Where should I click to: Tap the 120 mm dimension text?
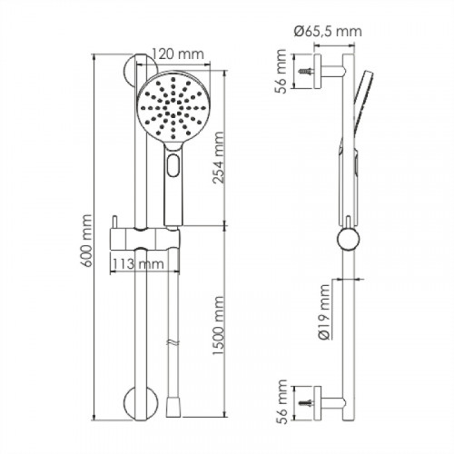click(177, 54)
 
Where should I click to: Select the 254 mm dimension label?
click(218, 158)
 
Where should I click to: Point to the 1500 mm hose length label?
click(218, 325)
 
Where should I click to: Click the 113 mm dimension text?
click(138, 264)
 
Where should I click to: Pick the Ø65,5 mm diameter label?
click(328, 32)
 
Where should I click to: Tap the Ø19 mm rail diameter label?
click(324, 312)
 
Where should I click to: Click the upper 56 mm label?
click(281, 72)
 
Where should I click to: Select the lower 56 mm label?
click(281, 402)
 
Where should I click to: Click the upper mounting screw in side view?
click(306, 72)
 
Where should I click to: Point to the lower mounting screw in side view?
click(306, 403)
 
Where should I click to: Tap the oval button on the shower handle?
click(173, 165)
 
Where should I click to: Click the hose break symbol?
click(173, 343)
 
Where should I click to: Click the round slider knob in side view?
click(349, 239)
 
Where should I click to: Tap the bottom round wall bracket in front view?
click(141, 402)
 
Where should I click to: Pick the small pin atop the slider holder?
click(114, 222)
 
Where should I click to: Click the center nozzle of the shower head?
click(173, 108)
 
